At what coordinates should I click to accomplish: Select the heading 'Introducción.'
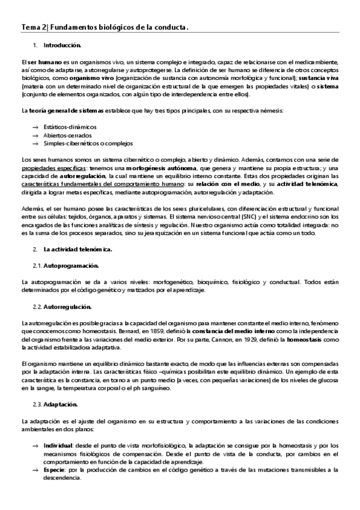[63, 45]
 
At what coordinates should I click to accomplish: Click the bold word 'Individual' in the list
[57, 444]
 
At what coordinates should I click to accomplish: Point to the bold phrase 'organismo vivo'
[90, 78]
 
